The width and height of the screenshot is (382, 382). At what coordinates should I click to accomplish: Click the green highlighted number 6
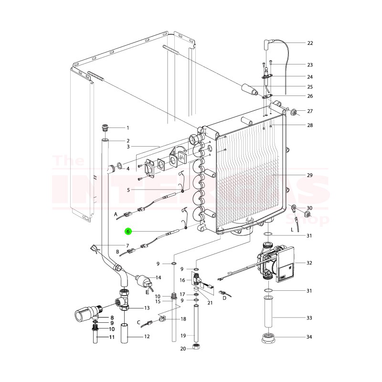coord(127,232)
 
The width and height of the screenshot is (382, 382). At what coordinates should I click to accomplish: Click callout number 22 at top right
coord(310,43)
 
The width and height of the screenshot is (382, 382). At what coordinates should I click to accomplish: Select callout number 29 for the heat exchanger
coord(310,175)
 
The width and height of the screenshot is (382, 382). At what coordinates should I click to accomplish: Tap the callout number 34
coord(310,337)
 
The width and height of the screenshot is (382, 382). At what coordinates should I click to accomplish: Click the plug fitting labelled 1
coord(106,128)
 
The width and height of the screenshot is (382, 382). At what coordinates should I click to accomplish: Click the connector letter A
coord(115,215)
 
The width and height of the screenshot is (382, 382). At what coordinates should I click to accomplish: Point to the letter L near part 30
coord(292,230)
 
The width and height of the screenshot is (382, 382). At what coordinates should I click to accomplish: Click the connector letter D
coord(224,298)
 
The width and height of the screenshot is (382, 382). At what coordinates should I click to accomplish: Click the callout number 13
coord(147,308)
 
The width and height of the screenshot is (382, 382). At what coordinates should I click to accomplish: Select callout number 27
coord(310,111)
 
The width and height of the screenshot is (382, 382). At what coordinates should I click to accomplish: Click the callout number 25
coord(310,86)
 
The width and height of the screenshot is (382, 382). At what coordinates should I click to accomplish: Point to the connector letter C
coord(138,322)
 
